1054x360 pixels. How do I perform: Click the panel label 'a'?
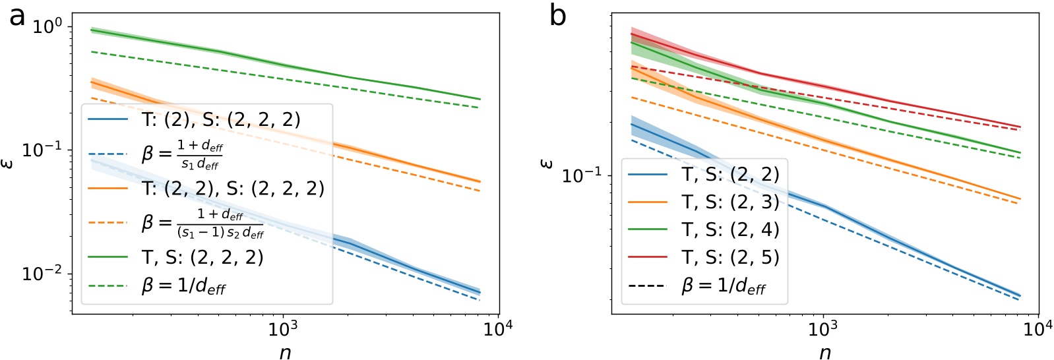(x=17, y=16)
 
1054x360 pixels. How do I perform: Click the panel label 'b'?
(x=557, y=16)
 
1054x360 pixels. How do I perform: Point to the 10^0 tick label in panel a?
(x=47, y=28)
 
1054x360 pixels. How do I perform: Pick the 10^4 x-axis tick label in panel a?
(x=499, y=329)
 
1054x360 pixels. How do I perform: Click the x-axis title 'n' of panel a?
(x=285, y=351)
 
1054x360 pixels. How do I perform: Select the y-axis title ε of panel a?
(x=9, y=161)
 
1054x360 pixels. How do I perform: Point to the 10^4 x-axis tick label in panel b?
(x=1038, y=329)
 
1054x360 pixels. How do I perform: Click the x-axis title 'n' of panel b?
(x=824, y=351)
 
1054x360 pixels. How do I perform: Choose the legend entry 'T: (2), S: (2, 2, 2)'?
(x=221, y=119)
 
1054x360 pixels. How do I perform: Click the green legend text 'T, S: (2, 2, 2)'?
(x=202, y=257)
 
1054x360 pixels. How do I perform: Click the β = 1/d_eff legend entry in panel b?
(x=723, y=285)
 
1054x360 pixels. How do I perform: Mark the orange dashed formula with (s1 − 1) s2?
(x=202, y=223)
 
